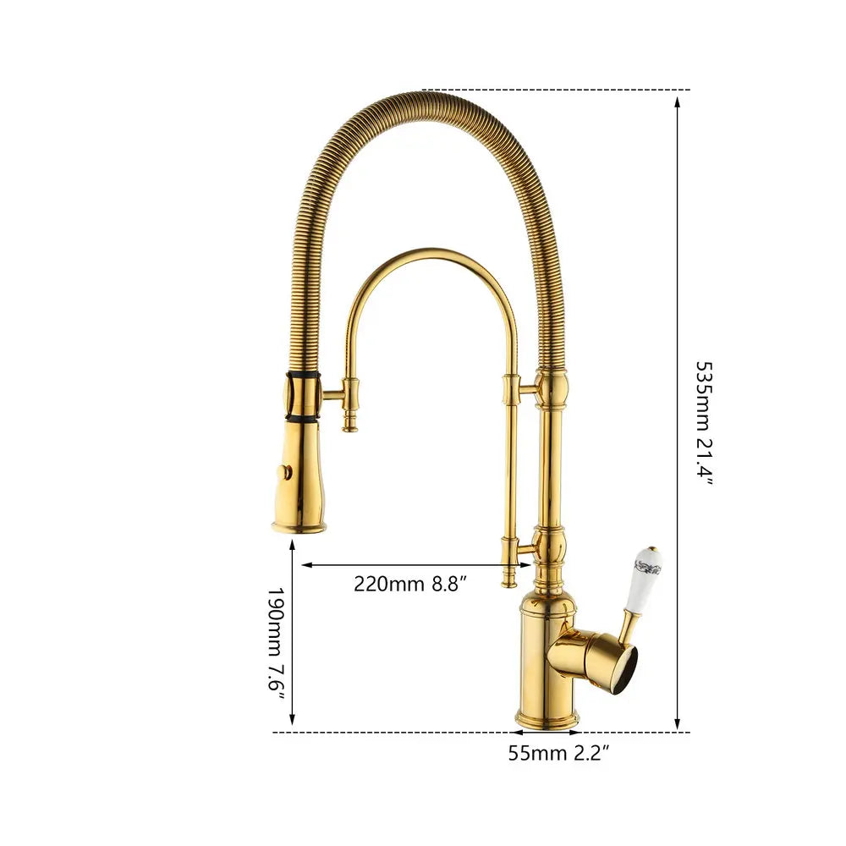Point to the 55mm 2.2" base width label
point(559,752)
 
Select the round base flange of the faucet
point(547,719)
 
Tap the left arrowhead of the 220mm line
point(307,563)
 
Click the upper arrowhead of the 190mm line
point(293,546)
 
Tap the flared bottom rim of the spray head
point(299,527)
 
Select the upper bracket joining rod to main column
point(526,388)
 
